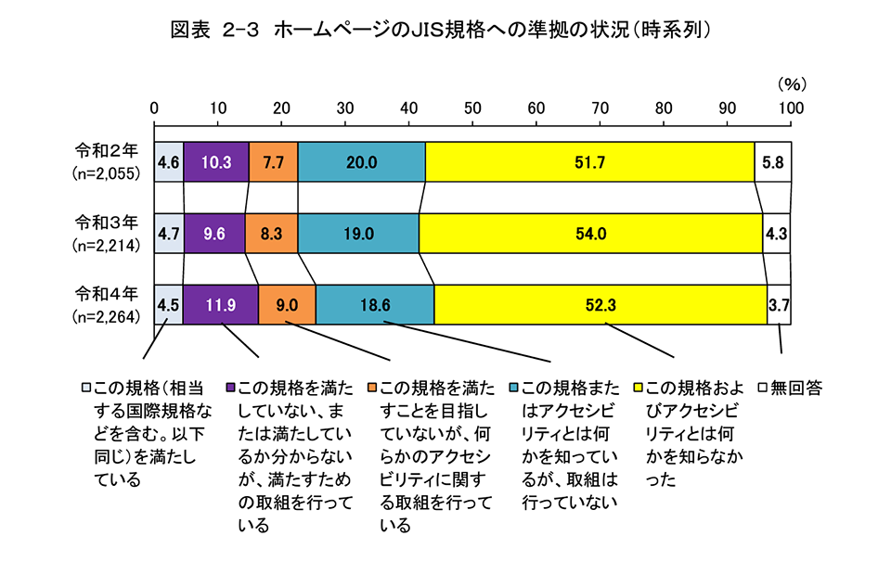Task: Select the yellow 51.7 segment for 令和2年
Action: [x=590, y=161]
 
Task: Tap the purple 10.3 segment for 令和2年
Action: [x=216, y=161]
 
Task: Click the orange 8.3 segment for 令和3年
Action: [x=272, y=234]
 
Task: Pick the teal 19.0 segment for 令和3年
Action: [x=358, y=234]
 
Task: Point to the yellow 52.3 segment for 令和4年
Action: [x=600, y=304]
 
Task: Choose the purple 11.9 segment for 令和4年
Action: [x=221, y=304]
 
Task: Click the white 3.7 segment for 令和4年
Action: [x=780, y=304]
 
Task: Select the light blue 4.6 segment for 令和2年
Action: [x=169, y=161]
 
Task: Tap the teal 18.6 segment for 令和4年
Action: [x=375, y=304]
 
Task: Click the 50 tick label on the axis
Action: [x=472, y=108]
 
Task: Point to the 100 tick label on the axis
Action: [x=790, y=108]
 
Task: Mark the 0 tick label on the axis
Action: [x=155, y=108]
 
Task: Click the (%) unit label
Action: [x=791, y=83]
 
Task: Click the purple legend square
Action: [x=231, y=386]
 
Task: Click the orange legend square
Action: [x=372, y=386]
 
